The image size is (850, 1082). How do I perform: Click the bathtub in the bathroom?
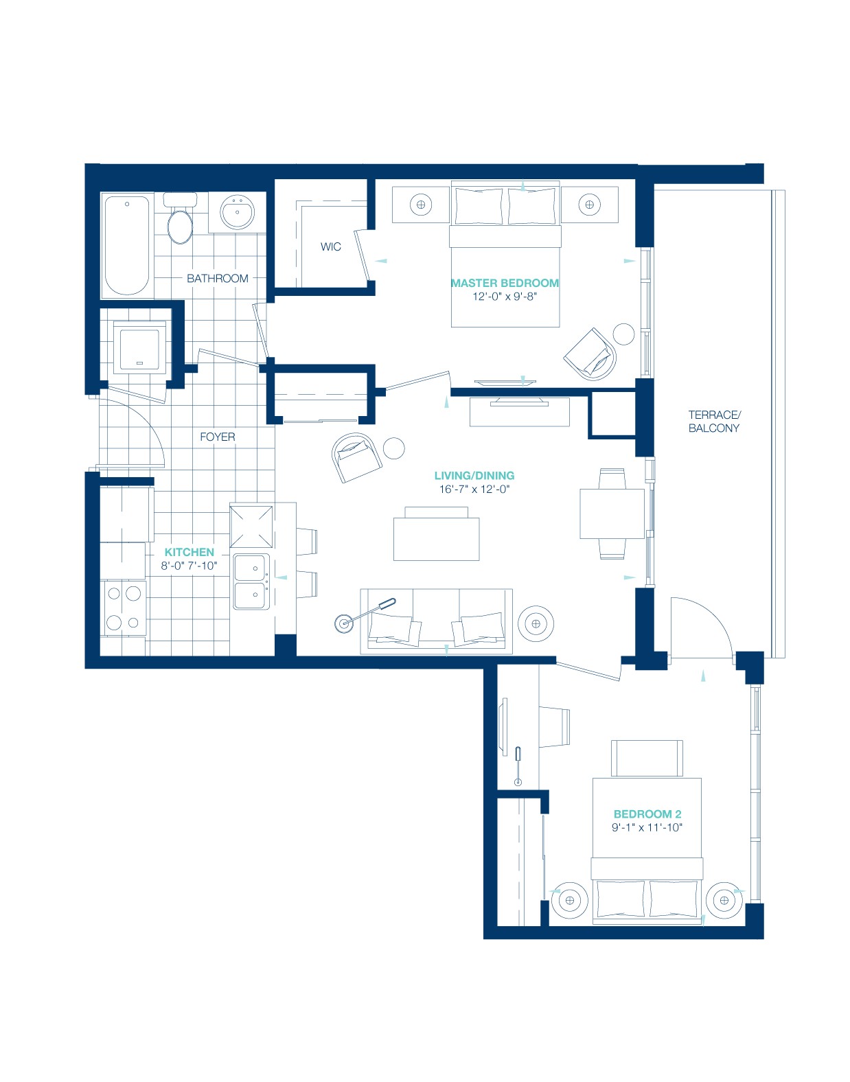point(126,246)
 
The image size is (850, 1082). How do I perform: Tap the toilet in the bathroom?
point(180,218)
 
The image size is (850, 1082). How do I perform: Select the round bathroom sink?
point(238,211)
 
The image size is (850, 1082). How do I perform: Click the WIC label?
point(331,246)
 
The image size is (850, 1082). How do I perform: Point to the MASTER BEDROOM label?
point(505,283)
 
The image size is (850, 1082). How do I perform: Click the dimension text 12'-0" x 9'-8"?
point(505,297)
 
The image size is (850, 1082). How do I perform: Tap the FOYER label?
point(218,437)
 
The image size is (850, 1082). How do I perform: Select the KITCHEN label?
point(189,552)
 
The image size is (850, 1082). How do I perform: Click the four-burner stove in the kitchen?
point(124,608)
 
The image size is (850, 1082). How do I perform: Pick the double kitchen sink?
point(252,582)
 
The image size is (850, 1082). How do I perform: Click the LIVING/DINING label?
point(474,476)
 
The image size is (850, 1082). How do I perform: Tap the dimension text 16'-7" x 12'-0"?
point(474,489)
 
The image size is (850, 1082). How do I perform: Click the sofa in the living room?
point(436,621)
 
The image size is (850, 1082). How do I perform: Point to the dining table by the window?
point(612,514)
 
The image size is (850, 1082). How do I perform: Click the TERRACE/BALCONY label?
point(714,422)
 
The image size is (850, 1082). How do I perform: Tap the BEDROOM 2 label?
point(647,814)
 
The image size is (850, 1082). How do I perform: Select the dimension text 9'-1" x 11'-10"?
point(647,827)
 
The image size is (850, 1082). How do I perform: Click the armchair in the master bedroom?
point(590,354)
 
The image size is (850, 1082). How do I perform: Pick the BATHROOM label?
point(218,278)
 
